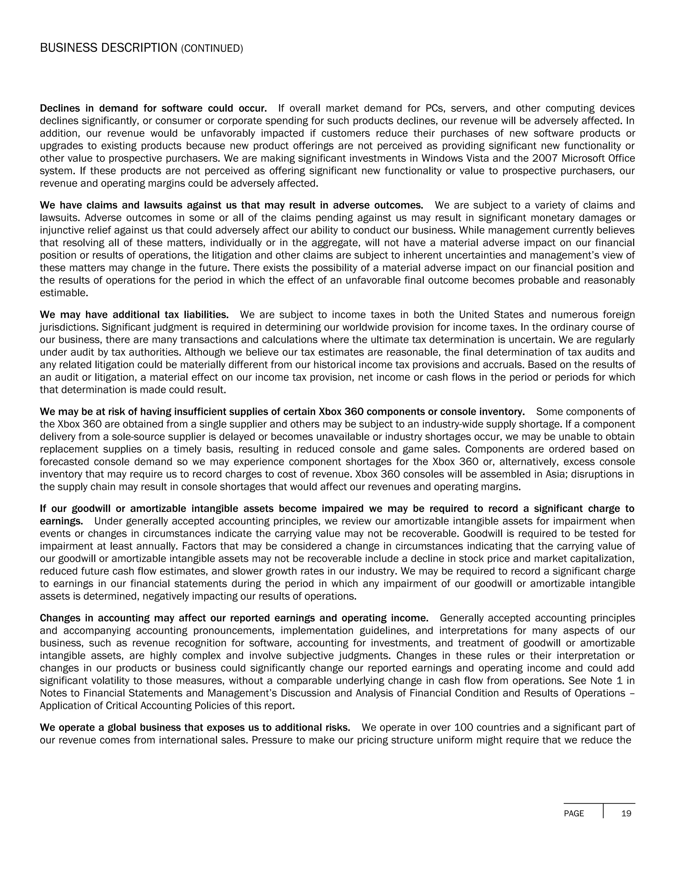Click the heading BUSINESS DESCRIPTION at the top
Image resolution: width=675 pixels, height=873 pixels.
[x=108, y=48]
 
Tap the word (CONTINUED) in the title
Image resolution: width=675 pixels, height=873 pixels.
[x=212, y=49]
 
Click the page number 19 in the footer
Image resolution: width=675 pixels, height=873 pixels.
[x=626, y=813]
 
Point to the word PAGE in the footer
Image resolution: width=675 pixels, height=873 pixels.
[x=574, y=813]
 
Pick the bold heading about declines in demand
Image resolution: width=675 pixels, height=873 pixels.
[x=153, y=108]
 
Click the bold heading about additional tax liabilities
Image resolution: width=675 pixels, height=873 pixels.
[x=134, y=315]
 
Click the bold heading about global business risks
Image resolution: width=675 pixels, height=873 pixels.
[x=195, y=727]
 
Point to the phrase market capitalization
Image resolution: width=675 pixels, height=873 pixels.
[x=586, y=558]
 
